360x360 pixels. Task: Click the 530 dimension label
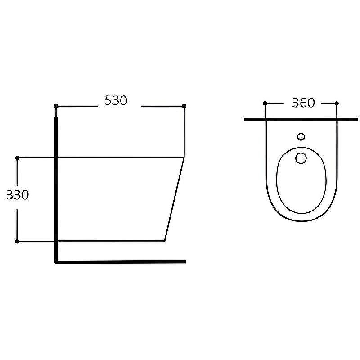[x=116, y=100]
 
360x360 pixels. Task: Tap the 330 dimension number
[x=18, y=195]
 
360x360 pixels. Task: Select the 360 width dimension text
[x=303, y=103]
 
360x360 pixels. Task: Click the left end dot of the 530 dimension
[x=56, y=106]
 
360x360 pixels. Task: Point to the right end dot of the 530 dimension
[x=184, y=106]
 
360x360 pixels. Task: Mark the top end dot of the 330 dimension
[x=17, y=158]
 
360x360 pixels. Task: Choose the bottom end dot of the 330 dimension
[x=17, y=241]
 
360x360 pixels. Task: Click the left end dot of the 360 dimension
[x=265, y=103]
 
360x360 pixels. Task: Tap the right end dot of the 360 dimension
[x=337, y=103]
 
